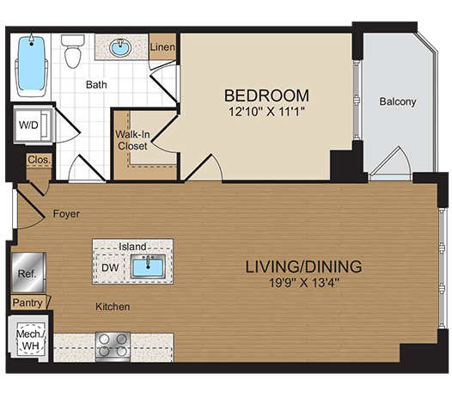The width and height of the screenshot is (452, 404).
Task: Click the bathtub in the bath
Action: (32, 66)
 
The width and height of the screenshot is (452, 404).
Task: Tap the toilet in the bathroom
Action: (73, 52)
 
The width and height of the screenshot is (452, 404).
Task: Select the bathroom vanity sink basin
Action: (120, 47)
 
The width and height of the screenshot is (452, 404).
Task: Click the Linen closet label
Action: (162, 47)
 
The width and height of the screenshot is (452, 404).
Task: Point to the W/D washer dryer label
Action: (28, 125)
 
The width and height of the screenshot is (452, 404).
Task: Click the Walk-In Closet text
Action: (132, 140)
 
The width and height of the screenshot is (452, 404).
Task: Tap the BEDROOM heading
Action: (266, 95)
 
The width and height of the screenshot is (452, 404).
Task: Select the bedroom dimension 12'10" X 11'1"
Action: (266, 112)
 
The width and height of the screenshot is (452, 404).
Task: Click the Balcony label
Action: (398, 101)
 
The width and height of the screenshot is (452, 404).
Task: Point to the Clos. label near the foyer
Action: (40, 159)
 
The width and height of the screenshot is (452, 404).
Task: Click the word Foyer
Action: (66, 214)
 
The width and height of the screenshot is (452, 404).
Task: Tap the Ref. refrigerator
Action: (28, 272)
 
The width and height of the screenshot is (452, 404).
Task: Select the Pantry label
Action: (27, 303)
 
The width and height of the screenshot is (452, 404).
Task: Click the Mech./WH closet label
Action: (31, 340)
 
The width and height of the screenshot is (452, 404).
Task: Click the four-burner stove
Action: (113, 346)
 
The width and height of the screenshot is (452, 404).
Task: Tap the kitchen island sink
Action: (148, 266)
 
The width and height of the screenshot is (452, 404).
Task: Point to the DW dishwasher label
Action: (110, 267)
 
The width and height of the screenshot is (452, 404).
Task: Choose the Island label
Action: (132, 247)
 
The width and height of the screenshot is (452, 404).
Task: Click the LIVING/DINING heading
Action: (303, 266)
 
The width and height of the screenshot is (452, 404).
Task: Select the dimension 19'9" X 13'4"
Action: (304, 283)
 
